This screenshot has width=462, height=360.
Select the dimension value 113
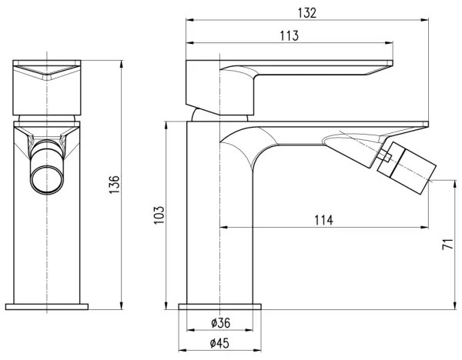tap(290, 36)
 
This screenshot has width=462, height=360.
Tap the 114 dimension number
tap(323, 220)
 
